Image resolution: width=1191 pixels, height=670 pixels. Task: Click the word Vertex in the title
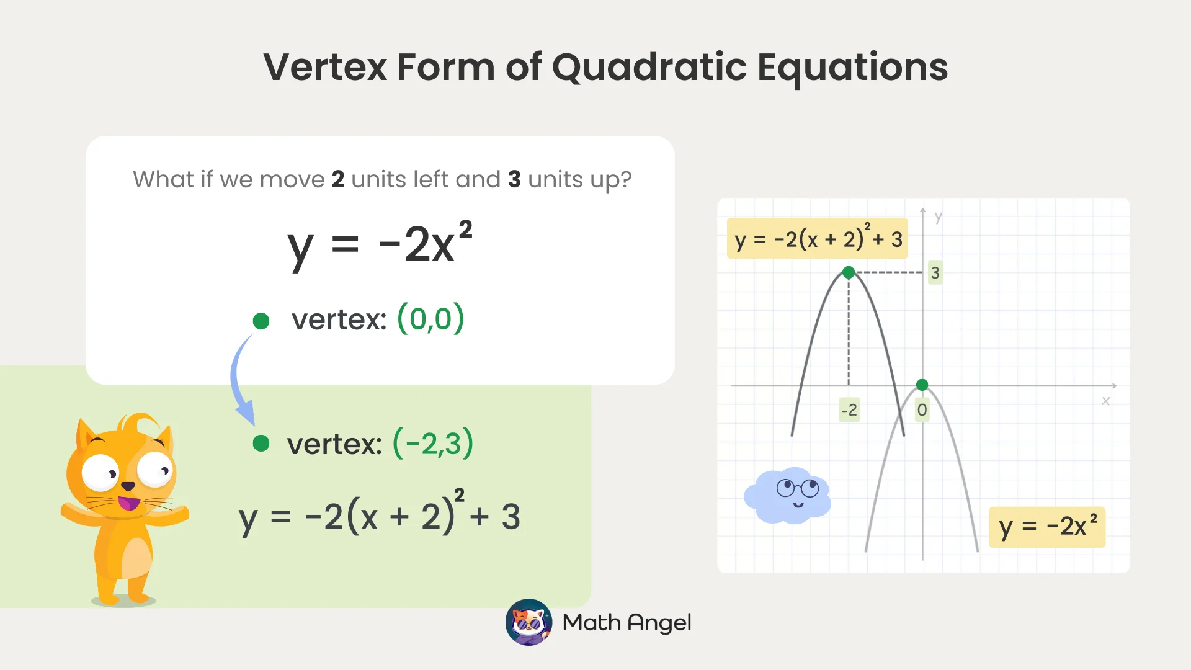point(325,67)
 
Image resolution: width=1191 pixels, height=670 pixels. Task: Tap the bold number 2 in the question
point(338,179)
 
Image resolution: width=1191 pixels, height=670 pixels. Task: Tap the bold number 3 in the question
point(514,179)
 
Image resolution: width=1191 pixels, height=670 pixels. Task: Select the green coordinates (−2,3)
point(433,444)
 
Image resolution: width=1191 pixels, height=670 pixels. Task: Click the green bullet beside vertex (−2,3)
point(261,443)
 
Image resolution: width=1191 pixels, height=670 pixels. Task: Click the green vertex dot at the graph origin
point(922,385)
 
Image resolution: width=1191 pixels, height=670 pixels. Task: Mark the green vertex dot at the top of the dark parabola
point(849,272)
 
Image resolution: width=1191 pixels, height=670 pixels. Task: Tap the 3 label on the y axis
point(935,273)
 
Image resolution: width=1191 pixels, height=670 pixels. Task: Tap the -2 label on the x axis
point(849,410)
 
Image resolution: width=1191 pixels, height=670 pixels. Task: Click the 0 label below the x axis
point(922,410)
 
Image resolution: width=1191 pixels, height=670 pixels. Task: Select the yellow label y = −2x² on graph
point(1047,527)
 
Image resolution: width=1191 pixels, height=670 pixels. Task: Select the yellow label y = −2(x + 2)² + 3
point(817,239)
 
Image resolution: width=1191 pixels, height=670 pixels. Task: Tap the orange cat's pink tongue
point(129,502)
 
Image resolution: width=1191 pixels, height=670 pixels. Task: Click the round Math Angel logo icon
point(529,622)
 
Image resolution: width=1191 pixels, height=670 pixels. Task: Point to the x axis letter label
point(1105,401)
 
